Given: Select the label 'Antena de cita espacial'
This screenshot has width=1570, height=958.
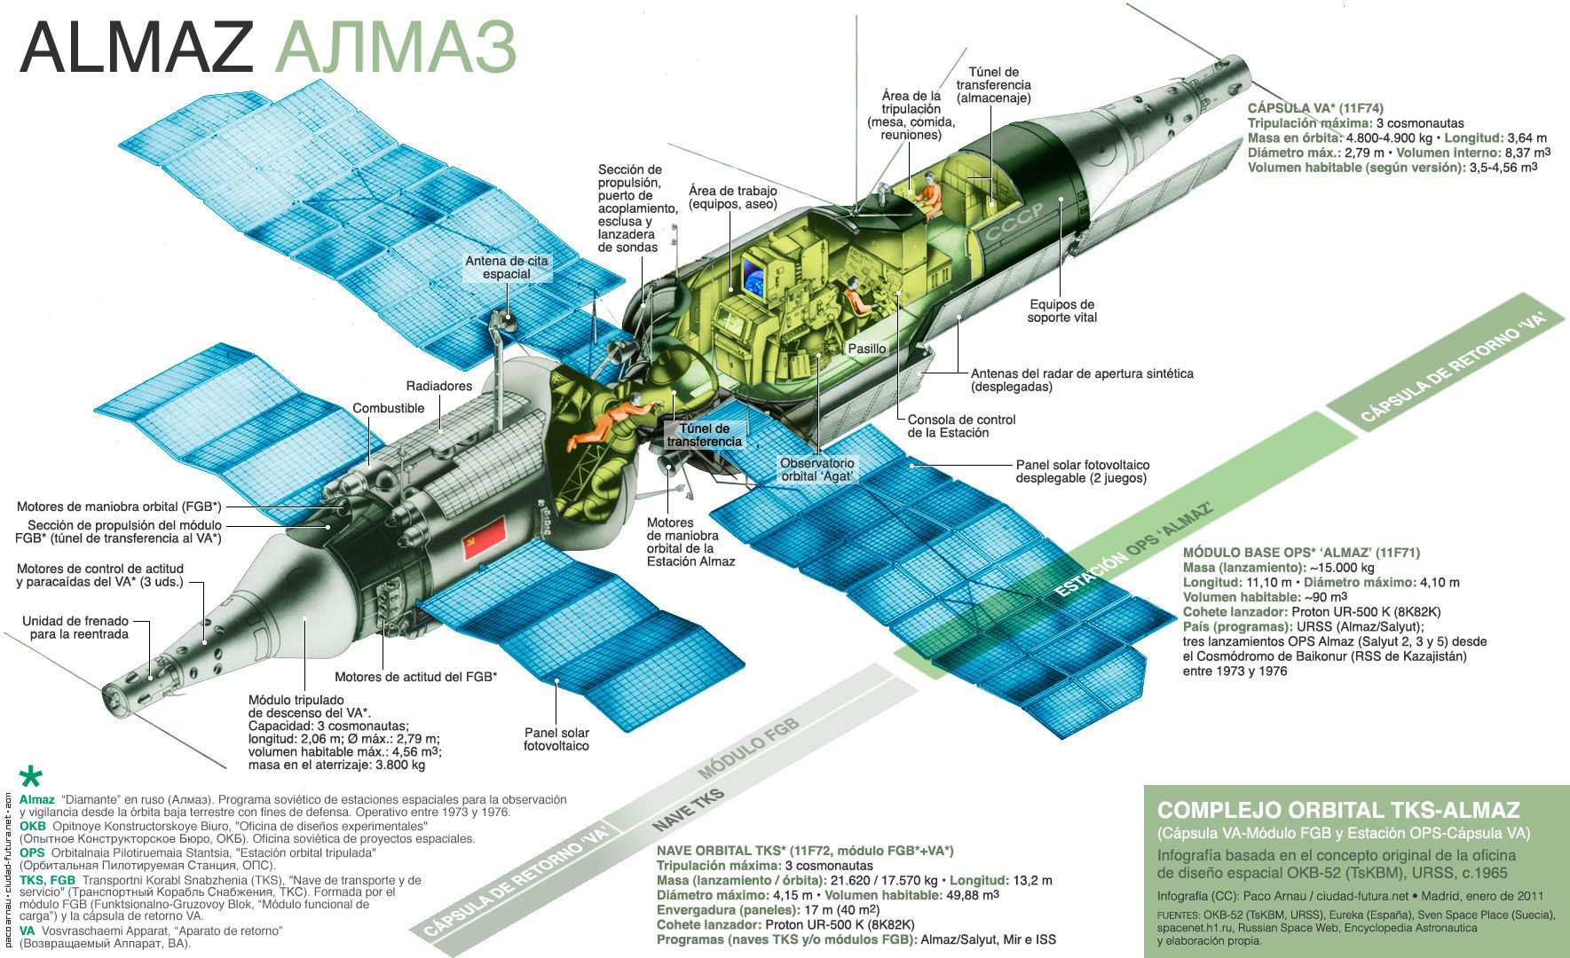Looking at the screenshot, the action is point(507,267).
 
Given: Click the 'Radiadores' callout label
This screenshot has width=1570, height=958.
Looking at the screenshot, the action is point(439,386).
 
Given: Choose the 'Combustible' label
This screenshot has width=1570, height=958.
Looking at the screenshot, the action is point(389,408).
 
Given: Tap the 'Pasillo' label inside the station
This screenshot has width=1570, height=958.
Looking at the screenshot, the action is point(867,349).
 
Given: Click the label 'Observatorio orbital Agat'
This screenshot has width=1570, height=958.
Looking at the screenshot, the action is point(817,469).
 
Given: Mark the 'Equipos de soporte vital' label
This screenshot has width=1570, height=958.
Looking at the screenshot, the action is point(1062,310).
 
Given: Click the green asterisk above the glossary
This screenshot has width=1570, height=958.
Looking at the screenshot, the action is point(31,777).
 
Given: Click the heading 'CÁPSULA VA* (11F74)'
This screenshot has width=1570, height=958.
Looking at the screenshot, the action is point(1315,109).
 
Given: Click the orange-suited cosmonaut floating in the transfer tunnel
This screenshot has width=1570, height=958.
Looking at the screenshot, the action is point(613,422).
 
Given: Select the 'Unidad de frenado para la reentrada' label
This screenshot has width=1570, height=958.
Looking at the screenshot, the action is point(75,627).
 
